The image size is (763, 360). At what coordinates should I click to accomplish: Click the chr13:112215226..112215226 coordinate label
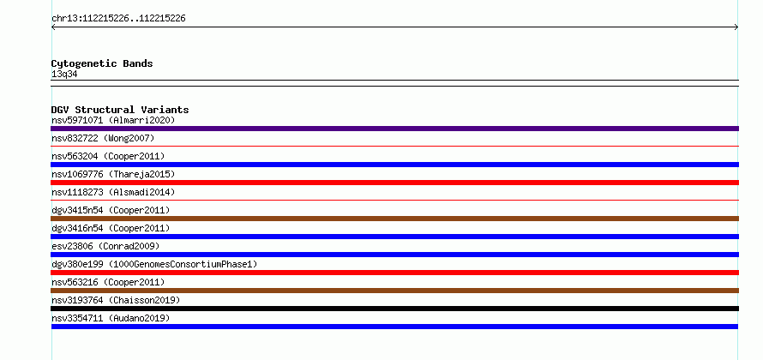click(x=118, y=19)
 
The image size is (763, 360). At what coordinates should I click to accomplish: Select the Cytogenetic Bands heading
click(x=102, y=63)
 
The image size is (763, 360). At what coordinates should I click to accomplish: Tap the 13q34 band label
click(x=64, y=75)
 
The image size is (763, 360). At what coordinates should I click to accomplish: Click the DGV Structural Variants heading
click(x=120, y=110)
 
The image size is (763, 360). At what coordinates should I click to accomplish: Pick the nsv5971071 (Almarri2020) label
click(x=113, y=120)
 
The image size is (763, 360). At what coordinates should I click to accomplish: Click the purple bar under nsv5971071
click(x=394, y=129)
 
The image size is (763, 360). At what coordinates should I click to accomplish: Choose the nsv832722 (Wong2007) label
click(x=103, y=138)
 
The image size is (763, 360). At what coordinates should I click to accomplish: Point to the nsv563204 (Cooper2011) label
click(x=108, y=156)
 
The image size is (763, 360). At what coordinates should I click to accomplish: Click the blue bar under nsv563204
click(x=394, y=165)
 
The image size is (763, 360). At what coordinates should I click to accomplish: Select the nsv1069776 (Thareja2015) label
click(x=113, y=174)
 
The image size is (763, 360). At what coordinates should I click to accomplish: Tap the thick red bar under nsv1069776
click(x=394, y=183)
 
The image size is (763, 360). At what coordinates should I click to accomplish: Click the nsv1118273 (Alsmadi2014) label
click(x=113, y=192)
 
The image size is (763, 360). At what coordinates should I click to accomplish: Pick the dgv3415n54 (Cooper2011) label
click(x=111, y=210)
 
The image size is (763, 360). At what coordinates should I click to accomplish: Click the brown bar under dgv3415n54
click(x=394, y=219)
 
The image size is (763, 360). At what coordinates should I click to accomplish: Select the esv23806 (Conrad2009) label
click(x=105, y=246)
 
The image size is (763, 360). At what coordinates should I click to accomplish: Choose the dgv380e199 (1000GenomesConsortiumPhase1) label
click(x=154, y=264)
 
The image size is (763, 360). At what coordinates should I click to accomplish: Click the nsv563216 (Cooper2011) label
click(x=108, y=282)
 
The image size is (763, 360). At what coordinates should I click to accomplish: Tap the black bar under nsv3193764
click(x=394, y=309)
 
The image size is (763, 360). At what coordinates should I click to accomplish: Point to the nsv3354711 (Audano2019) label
click(x=111, y=318)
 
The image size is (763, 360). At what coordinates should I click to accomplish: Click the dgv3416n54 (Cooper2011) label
click(x=111, y=228)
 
